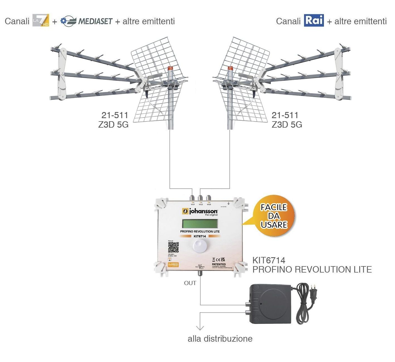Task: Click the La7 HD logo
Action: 41,21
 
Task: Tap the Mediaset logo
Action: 86,21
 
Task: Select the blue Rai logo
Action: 314,20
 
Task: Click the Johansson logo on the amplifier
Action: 200,212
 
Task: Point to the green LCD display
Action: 200,223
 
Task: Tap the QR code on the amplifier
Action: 173,247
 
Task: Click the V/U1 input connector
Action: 192,198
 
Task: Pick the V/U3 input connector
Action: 209,198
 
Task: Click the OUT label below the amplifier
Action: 190,283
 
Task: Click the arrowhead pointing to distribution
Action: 200,327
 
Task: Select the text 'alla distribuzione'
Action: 220,339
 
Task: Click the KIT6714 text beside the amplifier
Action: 269,260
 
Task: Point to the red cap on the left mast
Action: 170,69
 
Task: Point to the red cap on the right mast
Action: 230,69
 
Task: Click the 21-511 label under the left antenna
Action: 115,115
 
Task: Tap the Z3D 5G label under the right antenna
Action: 287,125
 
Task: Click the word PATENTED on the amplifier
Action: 219,264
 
